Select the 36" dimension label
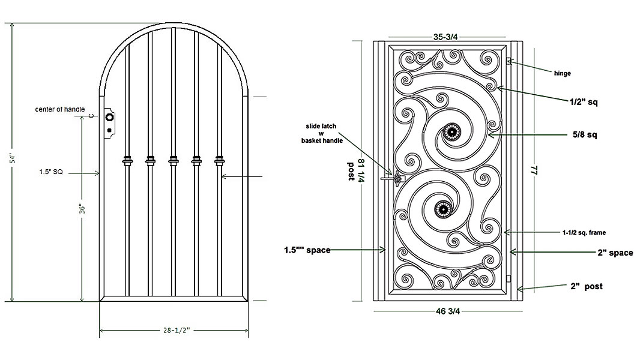click(x=83, y=208)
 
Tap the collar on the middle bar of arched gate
click(x=174, y=160)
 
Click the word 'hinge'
click(x=562, y=73)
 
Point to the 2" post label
click(x=587, y=286)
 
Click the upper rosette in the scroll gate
click(x=451, y=132)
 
